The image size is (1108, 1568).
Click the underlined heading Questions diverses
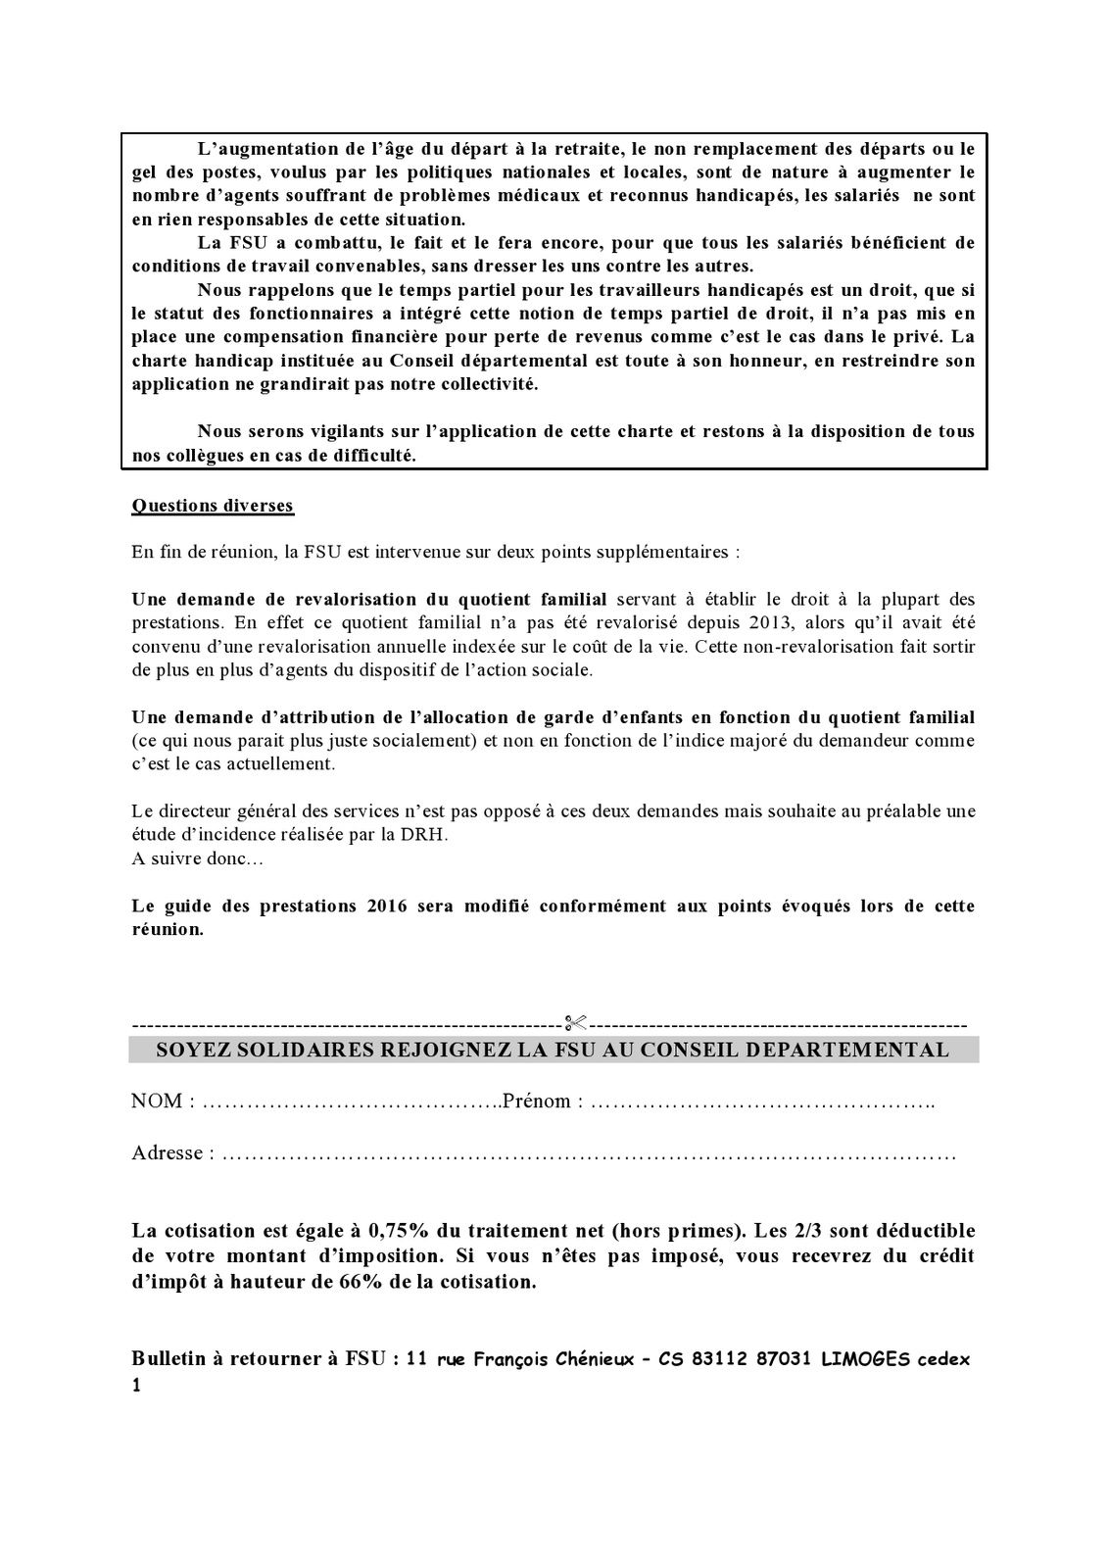213,506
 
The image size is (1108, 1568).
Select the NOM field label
158,1102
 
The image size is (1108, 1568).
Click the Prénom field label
537,1102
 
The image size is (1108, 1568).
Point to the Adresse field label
167,1152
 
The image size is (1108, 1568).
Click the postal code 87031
778,1360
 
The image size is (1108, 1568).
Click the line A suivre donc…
185,858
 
